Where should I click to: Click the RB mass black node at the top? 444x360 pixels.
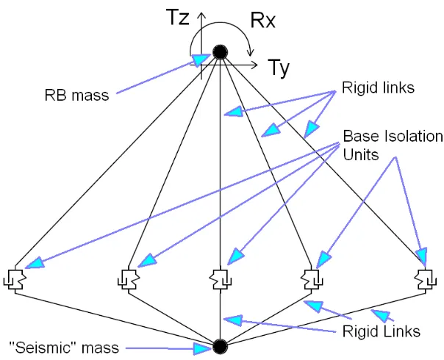tap(220, 52)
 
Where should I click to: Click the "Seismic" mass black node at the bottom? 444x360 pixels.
tap(220, 347)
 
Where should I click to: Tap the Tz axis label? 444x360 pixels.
tap(179, 17)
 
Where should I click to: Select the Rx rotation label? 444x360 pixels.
tap(262, 20)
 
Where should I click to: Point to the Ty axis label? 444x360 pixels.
tap(279, 68)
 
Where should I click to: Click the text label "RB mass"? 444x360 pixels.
tap(76, 95)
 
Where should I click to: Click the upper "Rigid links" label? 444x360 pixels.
tap(378, 87)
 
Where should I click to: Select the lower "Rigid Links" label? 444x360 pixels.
tap(381, 331)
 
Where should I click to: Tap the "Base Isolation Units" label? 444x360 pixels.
tap(393, 145)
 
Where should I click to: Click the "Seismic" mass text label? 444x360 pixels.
tap(64, 348)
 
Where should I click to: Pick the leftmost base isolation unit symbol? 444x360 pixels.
tap(15, 279)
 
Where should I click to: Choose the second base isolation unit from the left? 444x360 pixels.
tap(129, 279)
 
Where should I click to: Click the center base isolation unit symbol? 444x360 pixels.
tap(221, 279)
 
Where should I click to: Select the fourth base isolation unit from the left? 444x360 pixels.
tap(312, 279)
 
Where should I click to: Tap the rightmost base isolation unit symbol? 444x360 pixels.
tap(426, 279)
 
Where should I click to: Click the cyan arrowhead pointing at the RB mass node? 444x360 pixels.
tap(201, 60)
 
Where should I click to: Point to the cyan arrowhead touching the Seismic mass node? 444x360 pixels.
tap(203, 348)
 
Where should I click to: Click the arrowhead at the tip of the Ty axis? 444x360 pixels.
tap(254, 65)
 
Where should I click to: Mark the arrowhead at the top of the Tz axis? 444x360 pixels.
tap(201, 16)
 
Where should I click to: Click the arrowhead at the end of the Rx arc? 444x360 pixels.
tap(251, 52)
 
